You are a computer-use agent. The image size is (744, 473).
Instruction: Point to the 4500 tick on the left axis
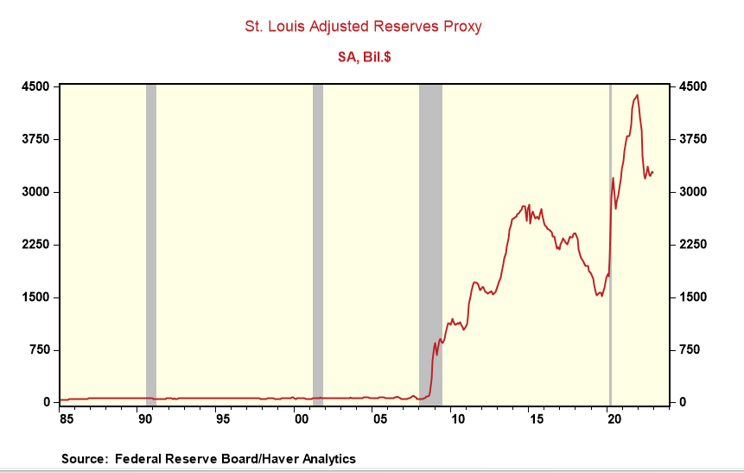(35, 86)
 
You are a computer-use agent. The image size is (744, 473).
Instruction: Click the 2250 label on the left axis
(35, 245)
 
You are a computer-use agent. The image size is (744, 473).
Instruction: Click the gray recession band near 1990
(151, 242)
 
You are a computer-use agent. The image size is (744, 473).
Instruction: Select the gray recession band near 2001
(317, 242)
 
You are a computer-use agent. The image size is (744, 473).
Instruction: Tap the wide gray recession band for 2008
(430, 216)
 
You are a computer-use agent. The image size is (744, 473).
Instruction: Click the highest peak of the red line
(638, 95)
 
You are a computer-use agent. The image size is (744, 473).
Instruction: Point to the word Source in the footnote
(84, 458)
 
